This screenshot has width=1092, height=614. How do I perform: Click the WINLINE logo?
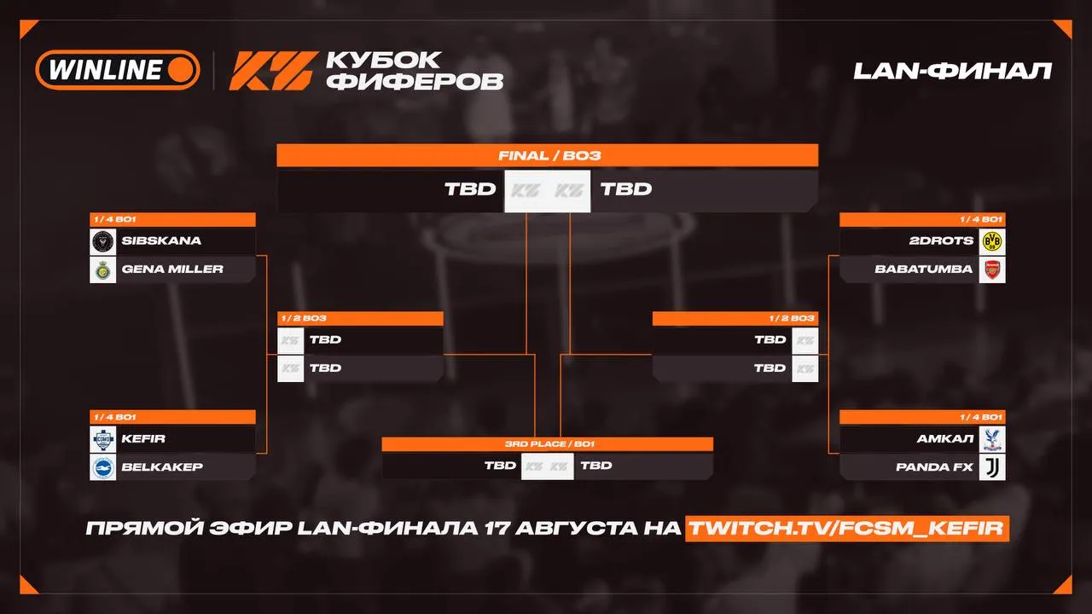tap(118, 70)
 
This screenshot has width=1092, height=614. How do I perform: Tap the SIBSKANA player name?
tap(161, 240)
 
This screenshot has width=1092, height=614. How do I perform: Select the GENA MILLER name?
tap(172, 269)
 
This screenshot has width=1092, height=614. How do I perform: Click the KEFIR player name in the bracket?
tap(142, 438)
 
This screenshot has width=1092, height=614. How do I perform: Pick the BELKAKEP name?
tap(162, 466)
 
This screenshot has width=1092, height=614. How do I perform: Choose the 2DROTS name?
tap(941, 240)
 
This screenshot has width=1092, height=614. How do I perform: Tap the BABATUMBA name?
tap(923, 269)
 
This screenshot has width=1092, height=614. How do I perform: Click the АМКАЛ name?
tap(944, 438)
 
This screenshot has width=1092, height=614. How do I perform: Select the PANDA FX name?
tap(934, 466)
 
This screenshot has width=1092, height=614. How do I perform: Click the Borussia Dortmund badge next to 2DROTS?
tap(992, 241)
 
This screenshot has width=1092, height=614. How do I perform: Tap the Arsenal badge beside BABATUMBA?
tap(992, 270)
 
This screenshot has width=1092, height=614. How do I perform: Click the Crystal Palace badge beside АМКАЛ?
tap(992, 439)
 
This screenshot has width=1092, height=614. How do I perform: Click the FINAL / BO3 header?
tap(549, 156)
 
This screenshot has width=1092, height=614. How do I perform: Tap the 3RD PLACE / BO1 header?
tap(549, 444)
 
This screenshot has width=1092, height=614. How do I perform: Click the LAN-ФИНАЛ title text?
tap(952, 71)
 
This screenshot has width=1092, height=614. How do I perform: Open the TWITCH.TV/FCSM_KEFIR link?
tap(847, 528)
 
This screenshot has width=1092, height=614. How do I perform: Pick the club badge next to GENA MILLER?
tap(103, 270)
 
